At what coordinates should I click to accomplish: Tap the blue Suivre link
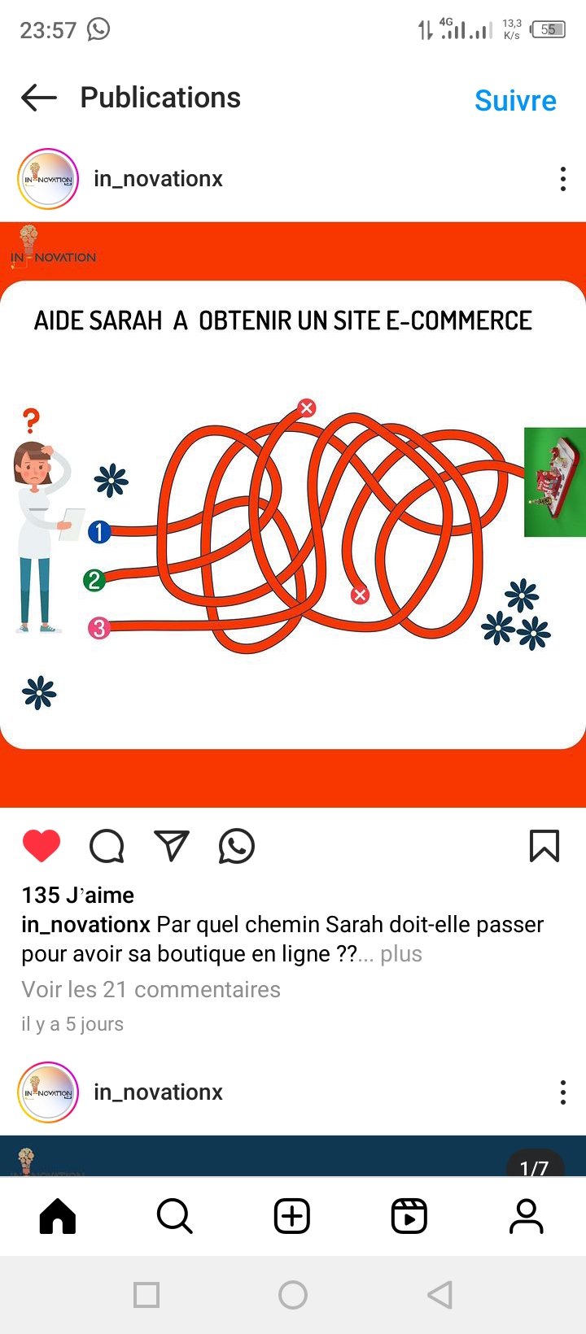coord(515,101)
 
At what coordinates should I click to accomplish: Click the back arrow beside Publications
coord(39,98)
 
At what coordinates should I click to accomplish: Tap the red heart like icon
coord(42,846)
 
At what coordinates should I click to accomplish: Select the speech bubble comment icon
coord(107,846)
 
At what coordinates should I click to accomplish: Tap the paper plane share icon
coord(172,846)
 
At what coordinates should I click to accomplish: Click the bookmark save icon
coord(544,846)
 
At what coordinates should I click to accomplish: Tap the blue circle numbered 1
coord(99,532)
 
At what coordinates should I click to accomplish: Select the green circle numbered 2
coord(94,580)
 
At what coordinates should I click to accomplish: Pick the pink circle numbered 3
coord(99,628)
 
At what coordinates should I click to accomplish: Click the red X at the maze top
coord(307,408)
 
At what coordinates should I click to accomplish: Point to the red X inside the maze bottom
coord(360,595)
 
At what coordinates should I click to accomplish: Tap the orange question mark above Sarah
coord(32,421)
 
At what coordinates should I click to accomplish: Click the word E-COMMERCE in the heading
coord(458,321)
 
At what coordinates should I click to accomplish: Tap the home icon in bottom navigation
coord(58,1215)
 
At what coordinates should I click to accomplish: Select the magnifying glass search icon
coord(175,1215)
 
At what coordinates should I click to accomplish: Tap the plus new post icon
coord(291,1215)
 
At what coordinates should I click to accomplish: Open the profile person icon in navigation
coord(527,1215)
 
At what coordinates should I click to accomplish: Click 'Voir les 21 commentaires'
coord(151,989)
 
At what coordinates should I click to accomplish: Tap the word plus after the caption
coord(401,954)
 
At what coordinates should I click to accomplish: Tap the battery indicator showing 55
coord(548,29)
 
